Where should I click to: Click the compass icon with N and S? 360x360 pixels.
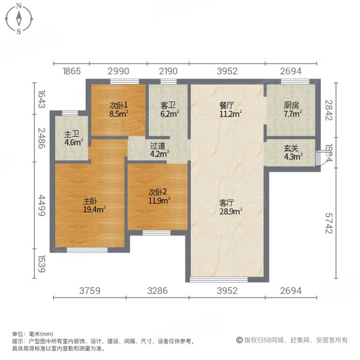[x=19, y=19]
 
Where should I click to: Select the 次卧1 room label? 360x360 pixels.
[x=118, y=105]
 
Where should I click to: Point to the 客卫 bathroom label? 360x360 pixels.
[x=167, y=105]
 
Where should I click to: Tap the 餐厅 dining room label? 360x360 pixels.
[x=229, y=105]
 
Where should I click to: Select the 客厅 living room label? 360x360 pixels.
[x=229, y=202]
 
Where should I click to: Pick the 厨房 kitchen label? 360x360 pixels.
[x=292, y=105]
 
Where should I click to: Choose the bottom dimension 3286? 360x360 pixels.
[x=157, y=292]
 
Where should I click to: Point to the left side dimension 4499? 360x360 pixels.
[x=41, y=207]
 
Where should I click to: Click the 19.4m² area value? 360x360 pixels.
[x=95, y=210]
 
